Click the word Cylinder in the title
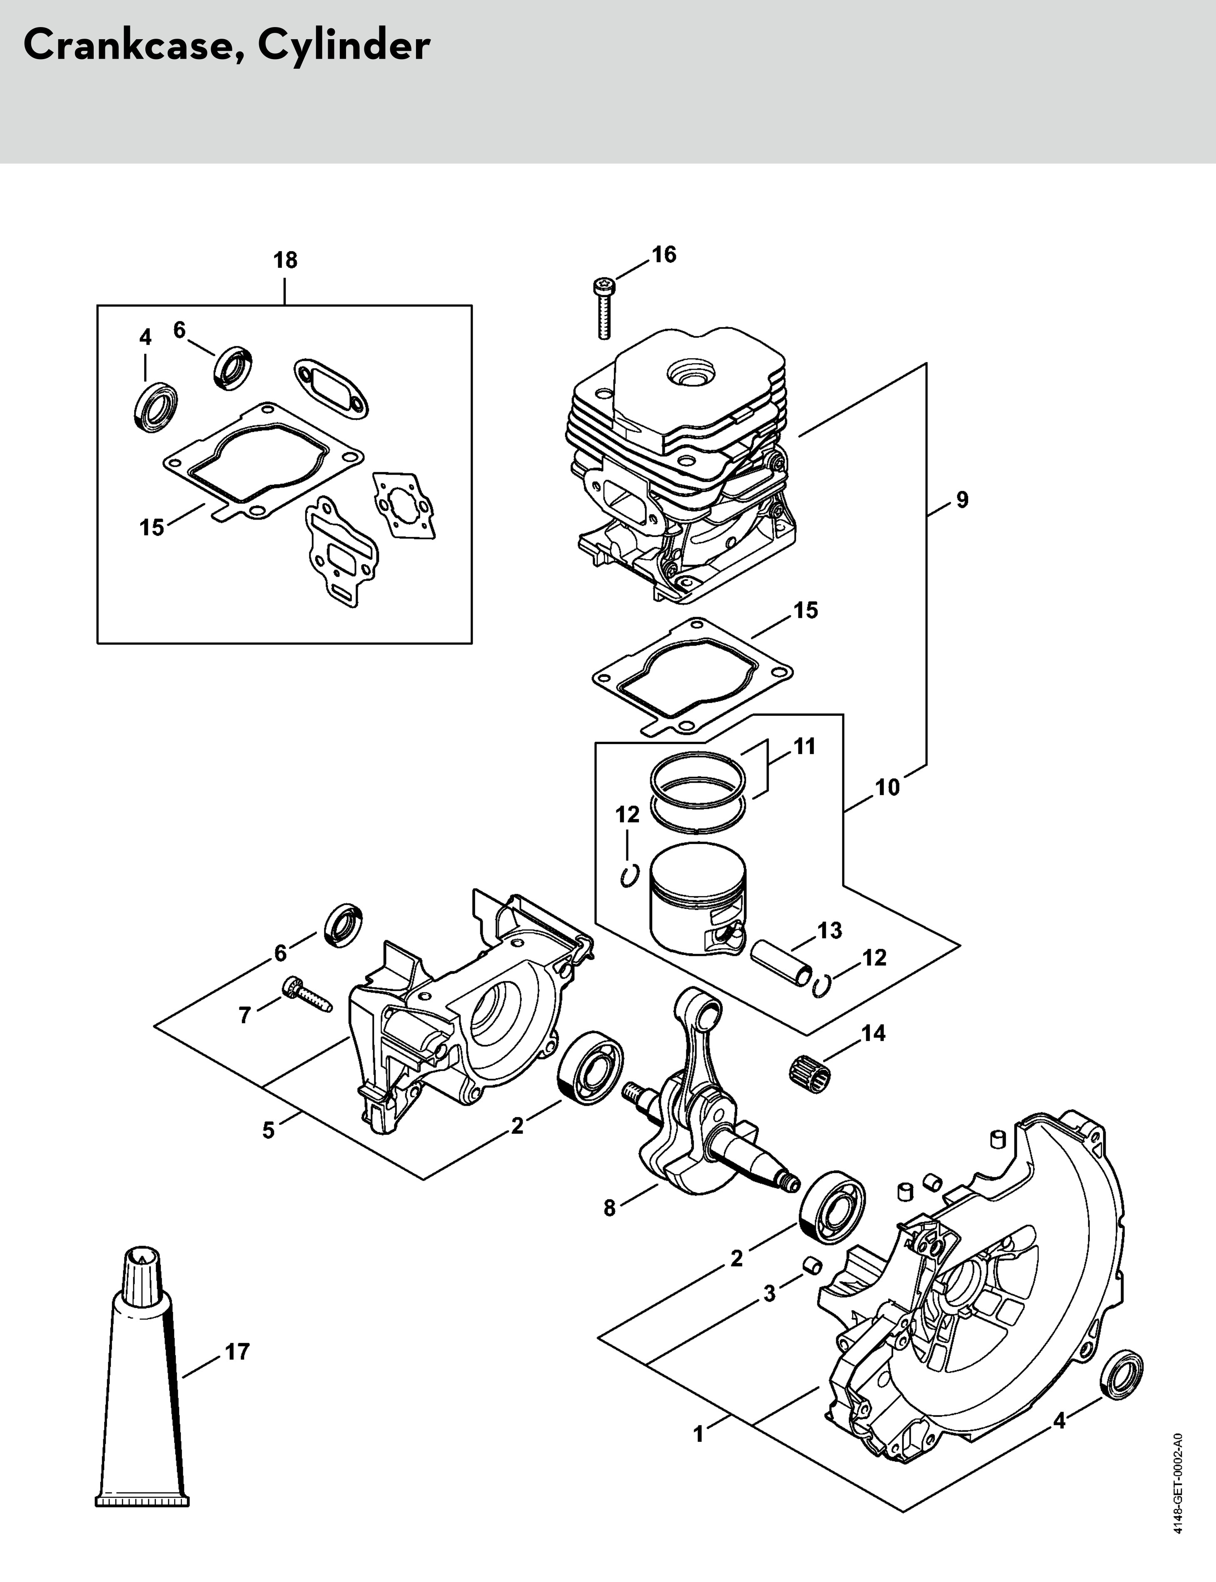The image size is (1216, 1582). (344, 46)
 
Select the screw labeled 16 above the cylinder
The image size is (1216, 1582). (603, 308)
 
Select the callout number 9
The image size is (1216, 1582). (962, 499)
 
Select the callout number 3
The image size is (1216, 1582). (770, 1293)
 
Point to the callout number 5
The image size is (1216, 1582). (269, 1130)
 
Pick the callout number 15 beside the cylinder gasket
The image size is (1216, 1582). (805, 610)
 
